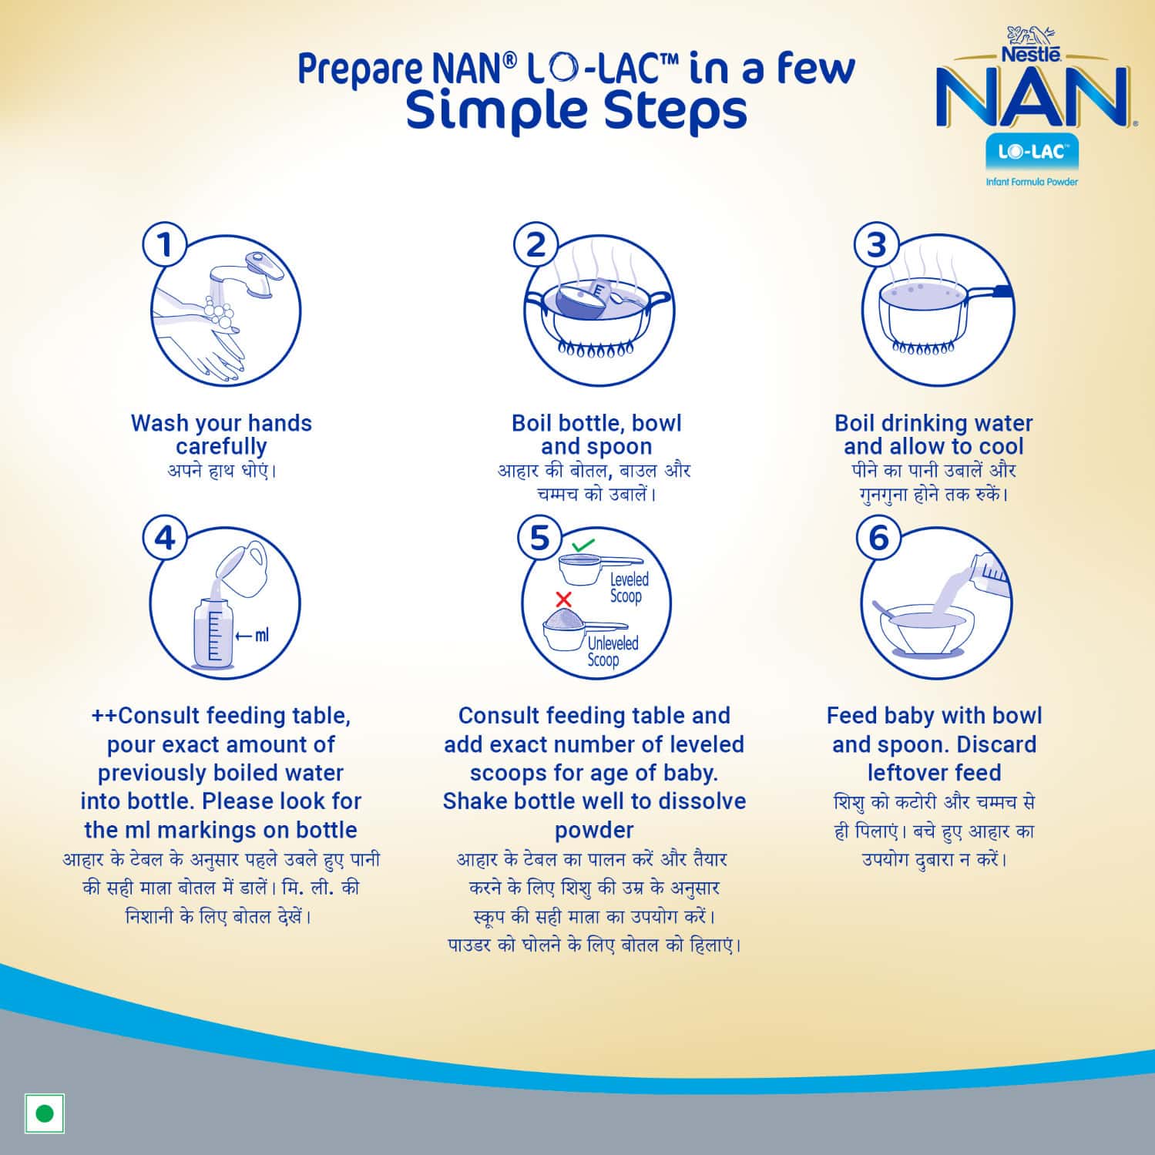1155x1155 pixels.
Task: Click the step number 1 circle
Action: click(164, 244)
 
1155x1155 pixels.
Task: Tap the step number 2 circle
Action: click(536, 244)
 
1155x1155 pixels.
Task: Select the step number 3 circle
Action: click(876, 244)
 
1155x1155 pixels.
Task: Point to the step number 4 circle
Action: click(164, 537)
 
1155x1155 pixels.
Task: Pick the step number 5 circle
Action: click(539, 537)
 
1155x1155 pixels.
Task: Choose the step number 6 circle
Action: click(878, 537)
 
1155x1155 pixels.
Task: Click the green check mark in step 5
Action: click(583, 545)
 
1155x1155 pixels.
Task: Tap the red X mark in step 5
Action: click(563, 599)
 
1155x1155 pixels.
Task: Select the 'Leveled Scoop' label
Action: click(629, 588)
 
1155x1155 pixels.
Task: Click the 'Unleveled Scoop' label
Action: click(612, 651)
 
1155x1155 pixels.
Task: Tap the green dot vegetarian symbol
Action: click(45, 1113)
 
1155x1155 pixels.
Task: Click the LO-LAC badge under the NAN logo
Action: click(1032, 153)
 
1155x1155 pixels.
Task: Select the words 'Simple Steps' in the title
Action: click(576, 110)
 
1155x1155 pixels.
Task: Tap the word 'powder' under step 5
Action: click(594, 830)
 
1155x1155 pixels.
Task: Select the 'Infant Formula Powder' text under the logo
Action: click(1032, 182)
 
